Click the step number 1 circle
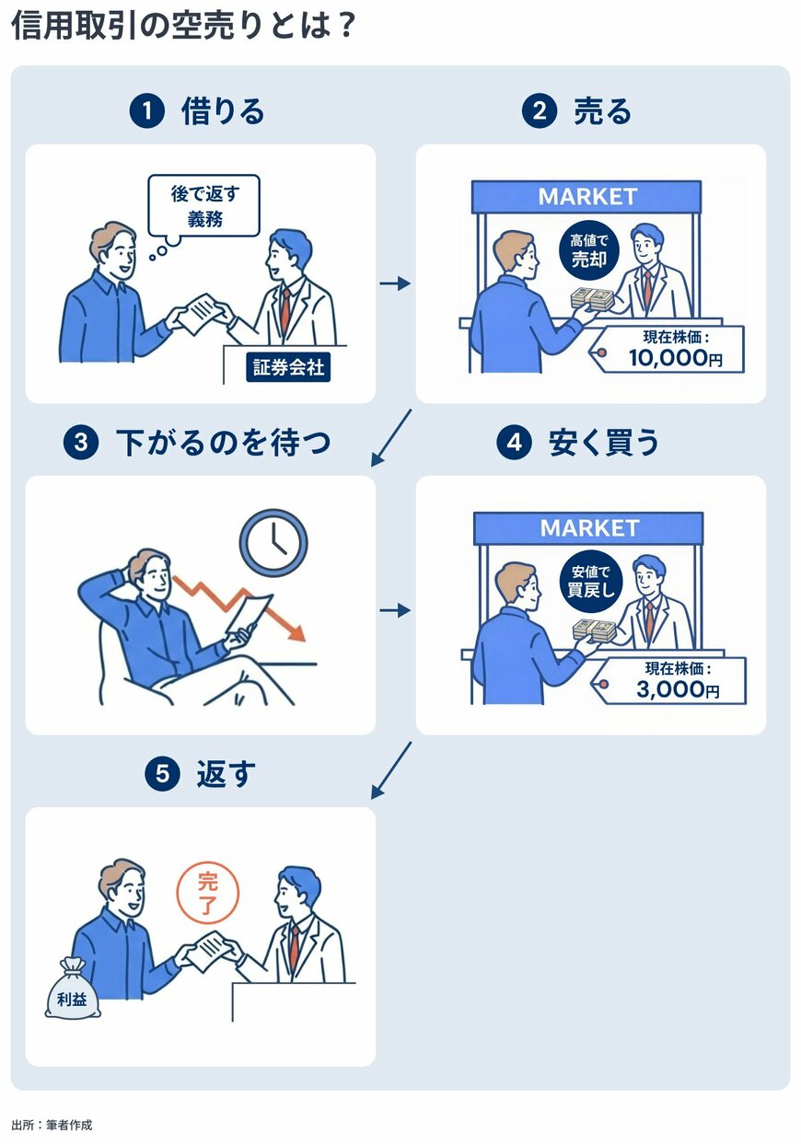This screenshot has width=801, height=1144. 145,112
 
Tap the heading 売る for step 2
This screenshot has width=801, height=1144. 602,112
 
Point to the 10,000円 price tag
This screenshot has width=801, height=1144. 668,351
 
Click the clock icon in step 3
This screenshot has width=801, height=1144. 273,544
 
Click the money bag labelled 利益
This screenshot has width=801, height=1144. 72,988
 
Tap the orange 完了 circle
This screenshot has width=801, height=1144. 207,892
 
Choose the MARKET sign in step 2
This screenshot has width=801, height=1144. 586,197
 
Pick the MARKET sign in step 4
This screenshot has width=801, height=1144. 588,528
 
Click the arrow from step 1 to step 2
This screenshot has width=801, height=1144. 395,283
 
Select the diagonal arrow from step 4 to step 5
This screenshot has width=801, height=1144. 391,770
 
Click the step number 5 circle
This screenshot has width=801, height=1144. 161,775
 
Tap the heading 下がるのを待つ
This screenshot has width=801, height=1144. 223,444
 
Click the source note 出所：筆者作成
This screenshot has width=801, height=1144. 52,1125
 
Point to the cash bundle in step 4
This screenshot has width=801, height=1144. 593,630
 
